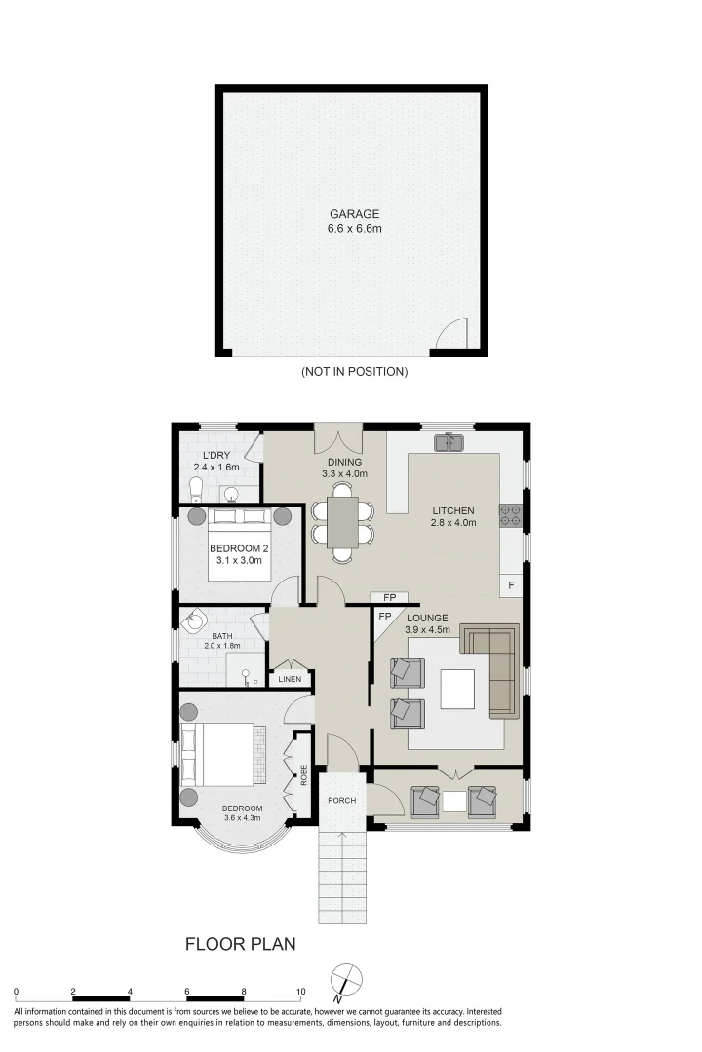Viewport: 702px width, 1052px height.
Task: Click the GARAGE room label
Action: tap(354, 214)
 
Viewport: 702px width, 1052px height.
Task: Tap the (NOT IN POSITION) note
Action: tap(354, 372)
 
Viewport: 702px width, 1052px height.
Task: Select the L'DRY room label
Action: tap(215, 455)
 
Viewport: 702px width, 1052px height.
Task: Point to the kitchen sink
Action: tap(451, 442)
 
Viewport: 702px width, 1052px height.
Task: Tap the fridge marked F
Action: tap(511, 585)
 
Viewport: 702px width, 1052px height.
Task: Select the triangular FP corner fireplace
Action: tap(383, 619)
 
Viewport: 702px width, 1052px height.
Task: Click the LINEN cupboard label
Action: tap(290, 679)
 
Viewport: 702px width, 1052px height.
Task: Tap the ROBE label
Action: tap(304, 774)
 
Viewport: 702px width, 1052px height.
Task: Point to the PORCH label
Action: tap(341, 801)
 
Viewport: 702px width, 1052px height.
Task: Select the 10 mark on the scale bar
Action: tap(300, 991)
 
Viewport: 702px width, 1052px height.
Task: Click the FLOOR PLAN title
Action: tap(240, 944)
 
